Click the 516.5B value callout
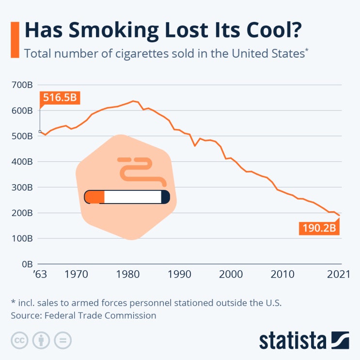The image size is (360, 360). [x=60, y=98]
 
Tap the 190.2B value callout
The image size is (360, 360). [x=319, y=227]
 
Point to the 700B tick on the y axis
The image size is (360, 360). [x=22, y=85]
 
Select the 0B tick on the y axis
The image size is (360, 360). [x=26, y=264]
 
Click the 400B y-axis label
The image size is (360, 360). [x=22, y=162]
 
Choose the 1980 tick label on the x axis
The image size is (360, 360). [x=128, y=275]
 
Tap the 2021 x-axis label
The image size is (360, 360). [x=338, y=275]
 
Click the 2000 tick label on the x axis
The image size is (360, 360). [x=231, y=275]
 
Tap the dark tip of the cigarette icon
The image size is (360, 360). [x=165, y=197]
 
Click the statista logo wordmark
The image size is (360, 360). [x=292, y=340]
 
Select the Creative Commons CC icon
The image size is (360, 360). [x=19, y=340]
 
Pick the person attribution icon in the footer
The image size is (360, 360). [x=41, y=340]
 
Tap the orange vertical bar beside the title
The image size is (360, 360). [x=15, y=39]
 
